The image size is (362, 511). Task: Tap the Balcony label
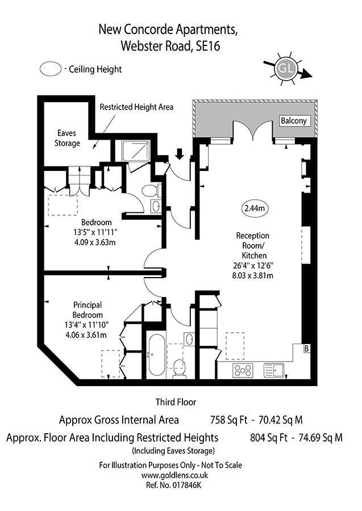coord(294,121)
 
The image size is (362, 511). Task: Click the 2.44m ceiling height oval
coord(254,208)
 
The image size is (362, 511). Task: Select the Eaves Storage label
coord(67,139)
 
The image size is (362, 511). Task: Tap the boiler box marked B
coord(307,349)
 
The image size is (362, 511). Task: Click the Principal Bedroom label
coord(88,309)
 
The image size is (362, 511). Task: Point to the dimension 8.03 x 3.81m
coord(253,277)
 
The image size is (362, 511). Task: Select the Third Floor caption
coord(176,402)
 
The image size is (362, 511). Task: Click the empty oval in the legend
coord(51,69)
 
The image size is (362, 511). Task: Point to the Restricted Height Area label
coord(136,107)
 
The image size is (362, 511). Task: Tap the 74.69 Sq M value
coord(319,438)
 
